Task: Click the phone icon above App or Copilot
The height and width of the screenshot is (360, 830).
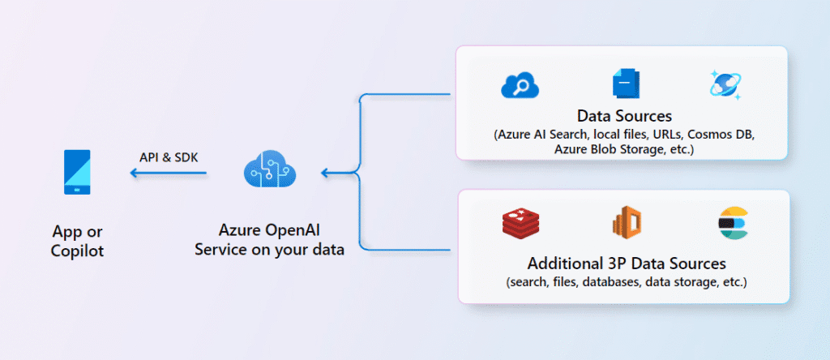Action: pyautogui.click(x=78, y=172)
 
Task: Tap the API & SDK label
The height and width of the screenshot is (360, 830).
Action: pyautogui.click(x=169, y=156)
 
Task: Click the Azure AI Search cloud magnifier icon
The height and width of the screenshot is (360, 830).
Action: pyautogui.click(x=520, y=84)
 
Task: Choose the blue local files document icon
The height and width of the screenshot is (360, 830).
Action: pyautogui.click(x=626, y=84)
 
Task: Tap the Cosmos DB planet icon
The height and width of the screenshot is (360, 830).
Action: pyautogui.click(x=725, y=84)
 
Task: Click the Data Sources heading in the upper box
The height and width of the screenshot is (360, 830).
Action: pyautogui.click(x=625, y=115)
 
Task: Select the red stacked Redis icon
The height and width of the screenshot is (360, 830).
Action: pyautogui.click(x=520, y=222)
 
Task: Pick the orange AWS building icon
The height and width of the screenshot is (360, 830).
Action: pyautogui.click(x=626, y=222)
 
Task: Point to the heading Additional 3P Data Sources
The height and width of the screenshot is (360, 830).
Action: pyautogui.click(x=627, y=264)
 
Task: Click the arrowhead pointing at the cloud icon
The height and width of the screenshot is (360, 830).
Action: pyautogui.click(x=325, y=173)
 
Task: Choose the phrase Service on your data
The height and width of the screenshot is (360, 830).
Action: pyautogui.click(x=269, y=250)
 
